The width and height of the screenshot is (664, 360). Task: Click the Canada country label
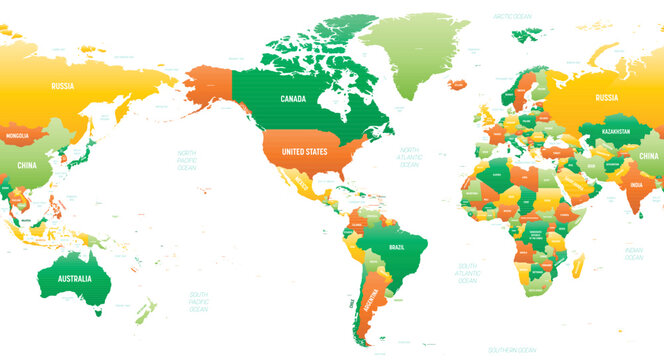point(293,99)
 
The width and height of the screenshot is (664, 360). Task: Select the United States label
point(303,151)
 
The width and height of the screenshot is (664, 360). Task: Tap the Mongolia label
point(18,135)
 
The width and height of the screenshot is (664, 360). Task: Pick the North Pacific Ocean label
point(186,159)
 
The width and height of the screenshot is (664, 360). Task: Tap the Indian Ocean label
point(633,254)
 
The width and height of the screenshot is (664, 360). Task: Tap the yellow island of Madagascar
point(578,265)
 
